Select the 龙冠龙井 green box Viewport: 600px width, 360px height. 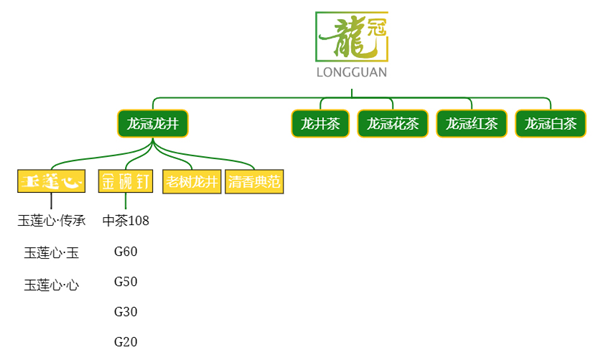152,124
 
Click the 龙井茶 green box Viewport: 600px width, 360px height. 320,124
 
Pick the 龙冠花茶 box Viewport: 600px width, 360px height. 392,124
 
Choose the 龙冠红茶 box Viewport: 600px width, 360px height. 471,124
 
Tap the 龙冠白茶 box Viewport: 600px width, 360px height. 550,124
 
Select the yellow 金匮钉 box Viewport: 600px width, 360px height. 126,182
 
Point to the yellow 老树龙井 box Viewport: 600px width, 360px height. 191,182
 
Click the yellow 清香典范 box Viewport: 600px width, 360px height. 255,182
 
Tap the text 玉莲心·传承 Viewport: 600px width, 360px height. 52,220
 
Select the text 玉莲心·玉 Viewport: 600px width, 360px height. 52,252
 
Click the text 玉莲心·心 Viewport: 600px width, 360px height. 52,285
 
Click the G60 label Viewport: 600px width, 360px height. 126,251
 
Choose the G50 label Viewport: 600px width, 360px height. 126,281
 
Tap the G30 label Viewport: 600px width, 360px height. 126,312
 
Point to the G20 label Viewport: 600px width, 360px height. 126,342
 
